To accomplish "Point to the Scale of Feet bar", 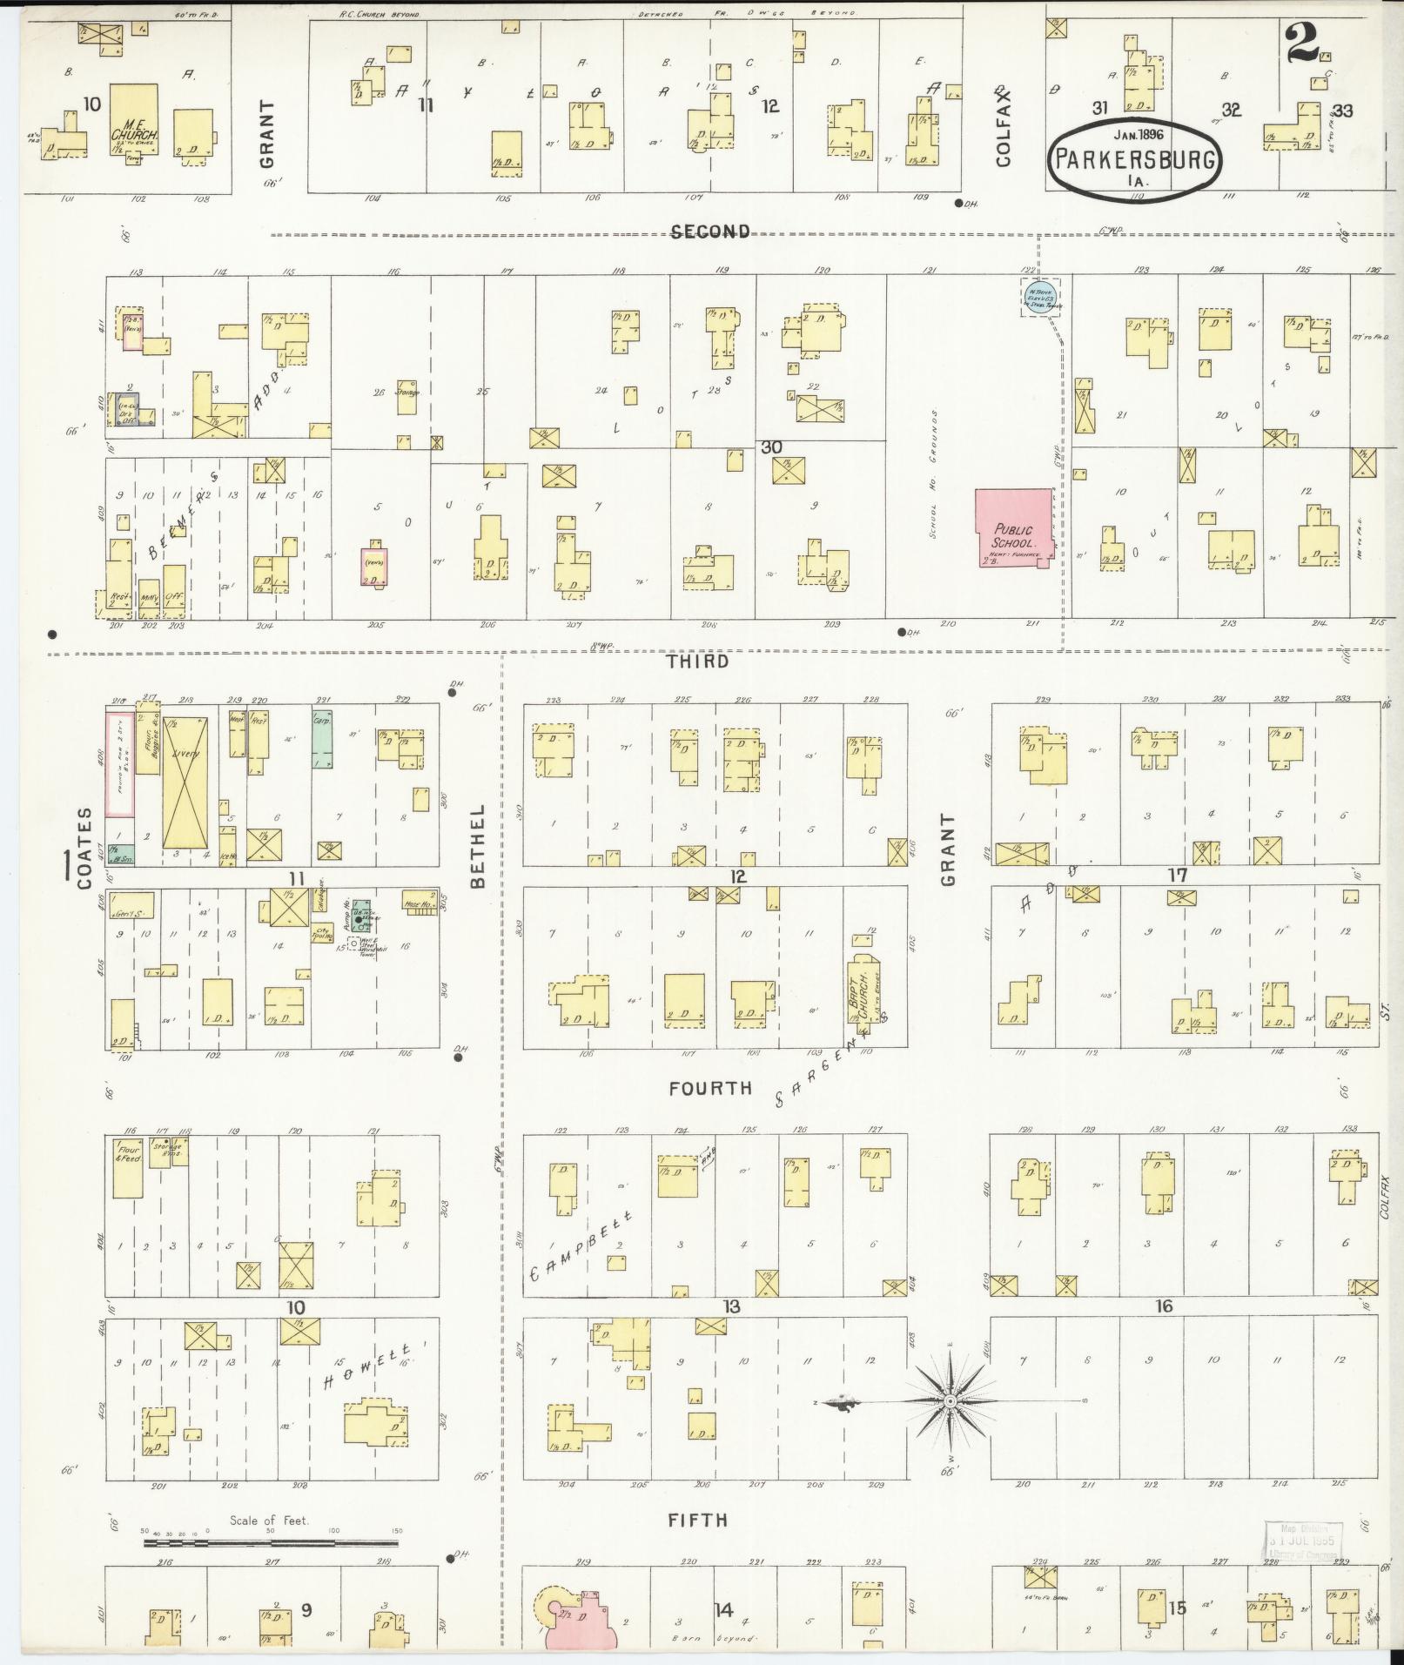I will pos(270,1543).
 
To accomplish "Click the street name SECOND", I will pos(710,232).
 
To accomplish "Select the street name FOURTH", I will pos(710,1088).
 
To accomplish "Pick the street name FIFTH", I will pos(697,1521).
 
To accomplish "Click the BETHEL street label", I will pos(477,845).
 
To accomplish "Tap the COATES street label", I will pos(84,848).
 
